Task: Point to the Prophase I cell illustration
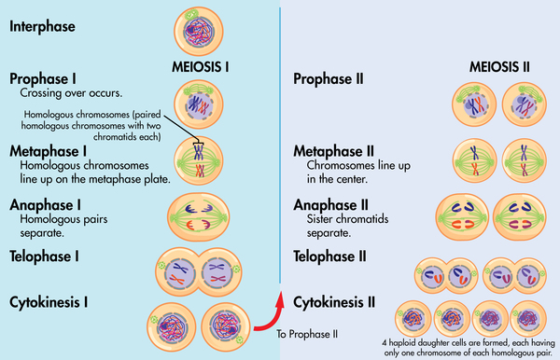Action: pos(199,104)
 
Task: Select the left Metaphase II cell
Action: pos(472,159)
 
